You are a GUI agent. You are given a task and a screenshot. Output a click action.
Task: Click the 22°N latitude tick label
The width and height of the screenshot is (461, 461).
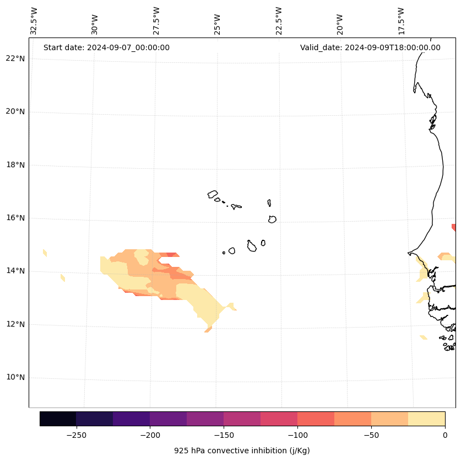tap(15, 58)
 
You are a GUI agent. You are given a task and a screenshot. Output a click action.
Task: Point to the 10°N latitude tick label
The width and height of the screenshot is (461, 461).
tap(15, 377)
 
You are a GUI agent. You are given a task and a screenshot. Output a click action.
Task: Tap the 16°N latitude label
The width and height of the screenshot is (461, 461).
tap(15, 218)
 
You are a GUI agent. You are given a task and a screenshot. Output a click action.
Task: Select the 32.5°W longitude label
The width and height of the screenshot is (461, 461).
tap(34, 21)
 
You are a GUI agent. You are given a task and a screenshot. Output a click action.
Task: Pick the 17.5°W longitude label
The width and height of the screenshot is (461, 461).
tap(401, 21)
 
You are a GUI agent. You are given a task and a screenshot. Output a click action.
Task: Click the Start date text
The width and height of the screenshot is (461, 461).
tap(106, 47)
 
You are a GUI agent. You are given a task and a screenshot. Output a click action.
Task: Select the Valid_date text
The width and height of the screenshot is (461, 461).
tap(370, 47)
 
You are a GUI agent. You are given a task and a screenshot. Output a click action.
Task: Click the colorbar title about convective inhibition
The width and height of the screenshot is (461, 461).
tap(242, 451)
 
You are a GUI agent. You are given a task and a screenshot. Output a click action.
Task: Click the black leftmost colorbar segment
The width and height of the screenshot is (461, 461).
tap(58, 419)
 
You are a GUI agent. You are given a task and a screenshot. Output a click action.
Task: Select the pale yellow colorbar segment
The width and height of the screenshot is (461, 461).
tap(426, 419)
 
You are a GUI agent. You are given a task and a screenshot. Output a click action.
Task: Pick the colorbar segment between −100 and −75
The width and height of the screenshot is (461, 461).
tap(316, 419)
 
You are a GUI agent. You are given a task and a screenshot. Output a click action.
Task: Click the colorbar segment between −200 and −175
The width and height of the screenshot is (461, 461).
tap(168, 419)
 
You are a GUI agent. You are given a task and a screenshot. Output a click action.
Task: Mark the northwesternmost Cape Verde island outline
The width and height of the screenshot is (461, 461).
tap(213, 194)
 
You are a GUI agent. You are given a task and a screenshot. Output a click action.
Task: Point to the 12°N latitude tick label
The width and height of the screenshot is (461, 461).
tap(15, 324)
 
